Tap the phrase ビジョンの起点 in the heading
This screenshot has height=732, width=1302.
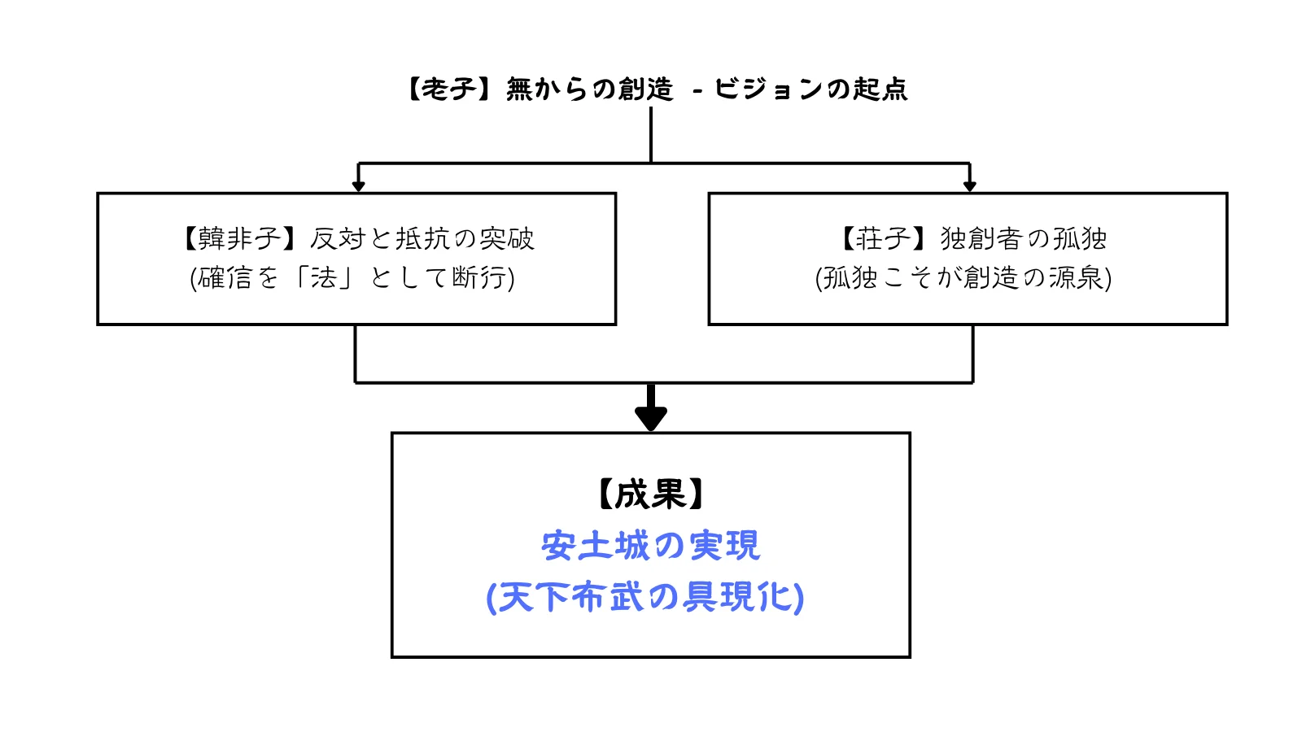point(810,89)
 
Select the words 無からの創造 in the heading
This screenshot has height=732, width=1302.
point(589,89)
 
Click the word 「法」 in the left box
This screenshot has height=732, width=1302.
point(323,277)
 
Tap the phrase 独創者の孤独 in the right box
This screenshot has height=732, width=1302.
point(1023,238)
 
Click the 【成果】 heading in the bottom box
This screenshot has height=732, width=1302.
point(650,494)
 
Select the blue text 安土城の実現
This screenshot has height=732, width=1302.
point(650,545)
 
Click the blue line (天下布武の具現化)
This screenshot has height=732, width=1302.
point(645,597)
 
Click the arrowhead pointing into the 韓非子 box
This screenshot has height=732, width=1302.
point(358,186)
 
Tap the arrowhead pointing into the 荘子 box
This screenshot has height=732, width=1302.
point(969,186)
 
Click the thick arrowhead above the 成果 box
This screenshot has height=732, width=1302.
point(651,418)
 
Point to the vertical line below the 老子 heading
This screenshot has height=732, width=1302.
point(651,134)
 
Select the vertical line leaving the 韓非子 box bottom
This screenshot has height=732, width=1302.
point(356,354)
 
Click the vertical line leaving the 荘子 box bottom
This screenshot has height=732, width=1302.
point(973,354)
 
